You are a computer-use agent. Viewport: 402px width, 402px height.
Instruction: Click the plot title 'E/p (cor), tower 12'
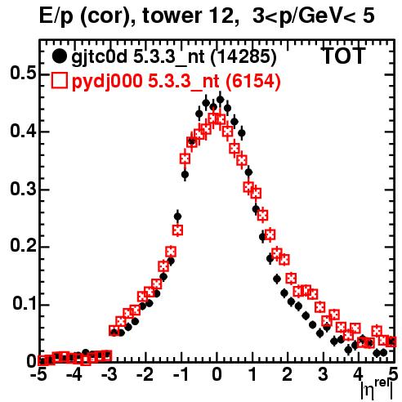pyautogui.click(x=137, y=16)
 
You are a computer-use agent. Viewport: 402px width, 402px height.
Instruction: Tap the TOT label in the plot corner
pyautogui.click(x=344, y=56)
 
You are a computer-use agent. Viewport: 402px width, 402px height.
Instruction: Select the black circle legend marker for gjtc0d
pyautogui.click(x=59, y=56)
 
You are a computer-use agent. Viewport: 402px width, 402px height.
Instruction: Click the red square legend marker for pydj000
pyautogui.click(x=59, y=81)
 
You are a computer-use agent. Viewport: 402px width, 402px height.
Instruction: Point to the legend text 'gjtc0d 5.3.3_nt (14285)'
pyautogui.click(x=174, y=57)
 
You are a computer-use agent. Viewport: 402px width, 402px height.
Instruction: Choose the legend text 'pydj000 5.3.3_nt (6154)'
pyautogui.click(x=176, y=82)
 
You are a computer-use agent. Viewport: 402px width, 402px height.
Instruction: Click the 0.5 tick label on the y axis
pyautogui.click(x=23, y=74)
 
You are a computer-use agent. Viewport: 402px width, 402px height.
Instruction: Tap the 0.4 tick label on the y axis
pyautogui.click(x=23, y=131)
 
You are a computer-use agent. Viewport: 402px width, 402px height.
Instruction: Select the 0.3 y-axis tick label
pyautogui.click(x=23, y=189)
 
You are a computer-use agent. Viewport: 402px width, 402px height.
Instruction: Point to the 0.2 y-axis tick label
pyautogui.click(x=23, y=246)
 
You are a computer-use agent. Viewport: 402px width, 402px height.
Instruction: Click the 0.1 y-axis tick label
pyautogui.click(x=25, y=304)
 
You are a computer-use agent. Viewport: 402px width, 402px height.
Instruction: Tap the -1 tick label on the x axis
pyautogui.click(x=181, y=374)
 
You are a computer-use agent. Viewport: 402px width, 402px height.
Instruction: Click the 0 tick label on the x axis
pyautogui.click(x=217, y=374)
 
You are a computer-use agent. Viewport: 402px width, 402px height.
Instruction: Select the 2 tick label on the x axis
pyautogui.click(x=288, y=374)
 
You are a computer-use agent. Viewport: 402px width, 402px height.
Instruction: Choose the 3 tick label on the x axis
pyautogui.click(x=323, y=374)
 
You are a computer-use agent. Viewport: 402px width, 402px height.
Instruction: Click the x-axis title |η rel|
pyautogui.click(x=377, y=390)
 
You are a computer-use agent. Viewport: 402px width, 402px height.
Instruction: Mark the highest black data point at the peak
pyautogui.click(x=220, y=100)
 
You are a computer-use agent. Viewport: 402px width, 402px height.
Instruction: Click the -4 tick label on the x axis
pyautogui.click(x=73, y=374)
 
